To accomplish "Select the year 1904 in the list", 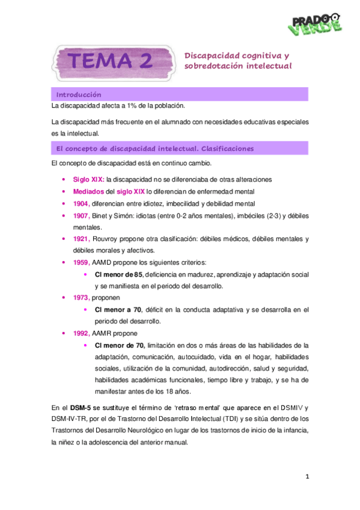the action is point(81,203).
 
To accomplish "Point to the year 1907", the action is point(81,215).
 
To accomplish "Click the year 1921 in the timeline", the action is point(81,239).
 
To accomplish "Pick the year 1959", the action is point(81,262).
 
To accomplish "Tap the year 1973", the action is point(81,298).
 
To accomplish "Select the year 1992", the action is point(81,333).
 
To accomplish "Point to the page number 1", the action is point(307,477).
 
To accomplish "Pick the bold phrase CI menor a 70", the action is point(118,310).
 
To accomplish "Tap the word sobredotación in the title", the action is point(213,66).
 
